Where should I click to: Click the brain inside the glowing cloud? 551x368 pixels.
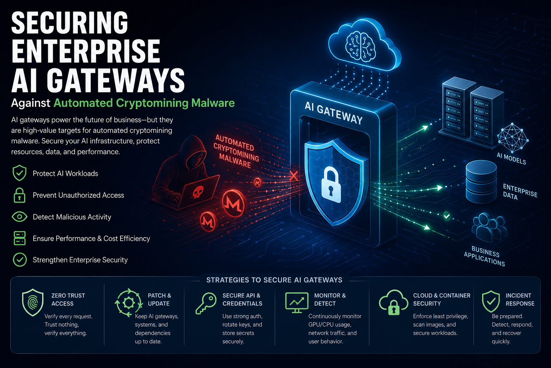tap(361, 47)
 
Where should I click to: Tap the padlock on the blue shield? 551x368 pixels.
tap(331, 184)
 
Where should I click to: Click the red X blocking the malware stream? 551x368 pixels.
tap(294, 176)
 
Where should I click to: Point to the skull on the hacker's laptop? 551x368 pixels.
tap(198, 192)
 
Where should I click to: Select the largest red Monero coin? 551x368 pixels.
tap(234, 203)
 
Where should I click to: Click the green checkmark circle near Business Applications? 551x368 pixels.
tap(447, 216)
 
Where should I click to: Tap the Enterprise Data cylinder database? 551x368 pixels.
tap(481, 181)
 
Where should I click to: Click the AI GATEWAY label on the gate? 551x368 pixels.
tap(334, 113)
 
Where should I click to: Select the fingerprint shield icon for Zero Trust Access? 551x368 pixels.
tap(33, 303)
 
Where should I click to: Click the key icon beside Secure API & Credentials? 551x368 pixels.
tap(206, 303)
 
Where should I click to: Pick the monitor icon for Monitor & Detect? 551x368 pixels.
tap(297, 303)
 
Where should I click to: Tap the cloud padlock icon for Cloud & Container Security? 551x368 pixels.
tap(394, 303)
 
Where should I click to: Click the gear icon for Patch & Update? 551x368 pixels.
tap(129, 303)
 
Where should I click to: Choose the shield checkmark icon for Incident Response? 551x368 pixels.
tap(491, 301)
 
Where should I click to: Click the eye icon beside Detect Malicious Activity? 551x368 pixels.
tap(19, 217)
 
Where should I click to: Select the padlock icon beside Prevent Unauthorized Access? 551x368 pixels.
tap(19, 195)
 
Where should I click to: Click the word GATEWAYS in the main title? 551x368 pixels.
tap(116, 80)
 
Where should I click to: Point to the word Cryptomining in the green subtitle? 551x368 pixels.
tap(152, 103)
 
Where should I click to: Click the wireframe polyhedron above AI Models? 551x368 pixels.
tap(513, 138)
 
